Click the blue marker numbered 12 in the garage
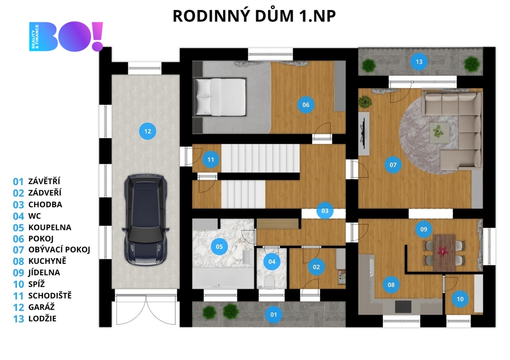[x=147, y=131]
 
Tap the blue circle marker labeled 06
[x=306, y=105]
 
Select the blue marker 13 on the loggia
[x=419, y=61]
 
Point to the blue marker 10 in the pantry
[x=460, y=299]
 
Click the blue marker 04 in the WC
[x=272, y=261]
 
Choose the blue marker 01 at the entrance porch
[x=273, y=315]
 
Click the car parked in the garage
[x=145, y=220]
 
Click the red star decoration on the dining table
[x=442, y=251]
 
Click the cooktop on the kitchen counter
[x=403, y=307]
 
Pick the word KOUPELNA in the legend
[x=50, y=228]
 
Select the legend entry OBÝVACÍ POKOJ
[x=59, y=250]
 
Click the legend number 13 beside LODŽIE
[x=18, y=319]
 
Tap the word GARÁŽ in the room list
[x=41, y=307]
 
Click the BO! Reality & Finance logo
[x=66, y=36]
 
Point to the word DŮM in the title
[x=274, y=15]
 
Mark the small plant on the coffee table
[x=439, y=131]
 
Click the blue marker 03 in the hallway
[x=325, y=211]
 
